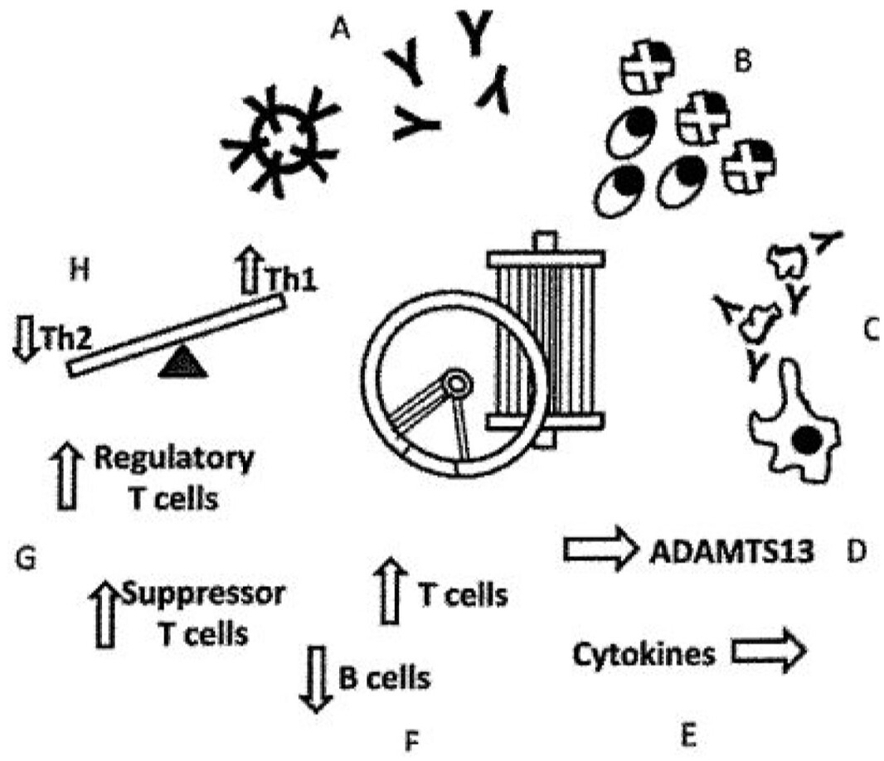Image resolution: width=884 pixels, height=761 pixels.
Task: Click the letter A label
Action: pyautogui.click(x=338, y=31)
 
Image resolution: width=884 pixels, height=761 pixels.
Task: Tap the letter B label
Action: pyautogui.click(x=743, y=62)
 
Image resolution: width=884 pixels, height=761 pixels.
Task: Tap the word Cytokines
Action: pyautogui.click(x=644, y=654)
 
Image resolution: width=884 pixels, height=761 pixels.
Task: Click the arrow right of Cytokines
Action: pyautogui.click(x=768, y=652)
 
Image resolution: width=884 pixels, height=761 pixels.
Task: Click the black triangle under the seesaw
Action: pyautogui.click(x=180, y=361)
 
